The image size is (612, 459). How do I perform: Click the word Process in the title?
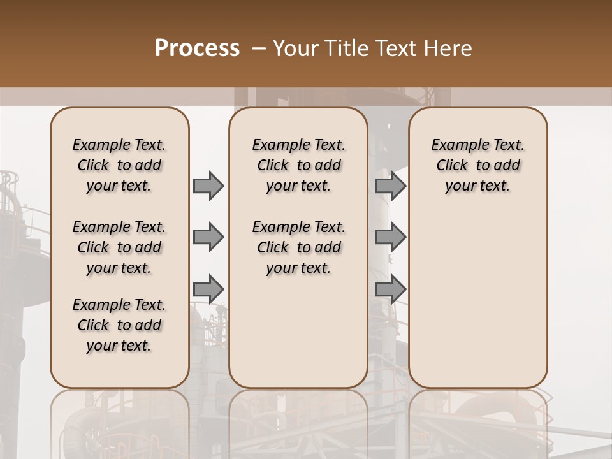(197, 48)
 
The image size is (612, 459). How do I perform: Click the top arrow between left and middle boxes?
(208, 186)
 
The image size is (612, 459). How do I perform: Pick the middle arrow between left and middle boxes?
(208, 237)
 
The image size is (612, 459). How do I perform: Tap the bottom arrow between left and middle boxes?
(208, 289)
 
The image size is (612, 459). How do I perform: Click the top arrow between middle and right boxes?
(390, 186)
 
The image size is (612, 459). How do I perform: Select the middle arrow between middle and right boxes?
(390, 237)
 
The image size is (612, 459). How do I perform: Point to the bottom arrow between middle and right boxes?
(390, 289)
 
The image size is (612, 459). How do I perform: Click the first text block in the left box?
(119, 165)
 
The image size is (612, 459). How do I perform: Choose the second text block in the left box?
(119, 247)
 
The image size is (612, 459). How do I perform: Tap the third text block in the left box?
(119, 325)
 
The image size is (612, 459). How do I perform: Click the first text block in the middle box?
(298, 165)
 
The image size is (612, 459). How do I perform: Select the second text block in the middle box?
(298, 247)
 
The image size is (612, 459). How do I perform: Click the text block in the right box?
(477, 165)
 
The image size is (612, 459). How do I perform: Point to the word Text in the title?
(398, 48)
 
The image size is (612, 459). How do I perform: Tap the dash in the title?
(259, 48)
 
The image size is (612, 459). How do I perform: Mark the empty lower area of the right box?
(477, 300)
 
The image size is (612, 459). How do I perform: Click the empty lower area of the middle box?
(298, 331)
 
